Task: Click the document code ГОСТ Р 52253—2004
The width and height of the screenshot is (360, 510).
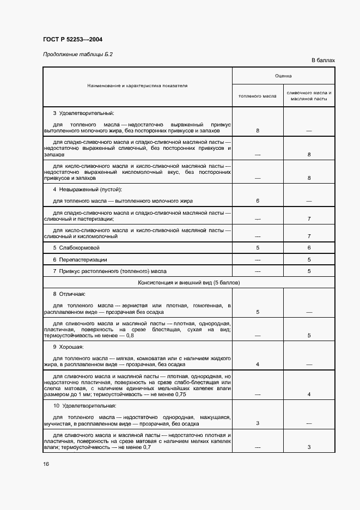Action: pos(72,39)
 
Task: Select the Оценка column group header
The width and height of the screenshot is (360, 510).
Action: pos(283,76)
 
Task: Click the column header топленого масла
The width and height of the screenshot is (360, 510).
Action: pos(258,96)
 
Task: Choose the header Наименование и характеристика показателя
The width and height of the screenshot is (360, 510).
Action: pos(137,86)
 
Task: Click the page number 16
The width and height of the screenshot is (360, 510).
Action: pos(46,464)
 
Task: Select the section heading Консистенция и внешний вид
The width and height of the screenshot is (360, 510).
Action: pos(189,283)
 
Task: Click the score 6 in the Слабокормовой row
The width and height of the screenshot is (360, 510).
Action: pos(309,248)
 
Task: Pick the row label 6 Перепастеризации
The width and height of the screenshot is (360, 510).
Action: pos(80,259)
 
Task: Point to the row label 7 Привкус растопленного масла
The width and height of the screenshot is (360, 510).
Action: pos(109,271)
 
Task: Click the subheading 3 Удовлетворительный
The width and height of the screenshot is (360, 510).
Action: pos(83,113)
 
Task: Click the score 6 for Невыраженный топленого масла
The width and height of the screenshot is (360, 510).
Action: pos(258,201)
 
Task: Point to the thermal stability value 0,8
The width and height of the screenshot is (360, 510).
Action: pos(130,335)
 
